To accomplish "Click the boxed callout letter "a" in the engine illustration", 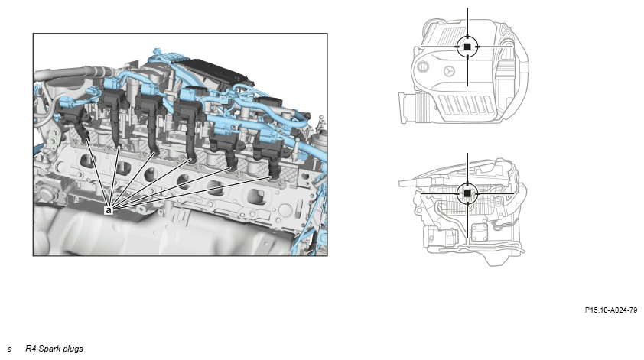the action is coord(109,210).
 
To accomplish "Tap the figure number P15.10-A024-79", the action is coord(611,310).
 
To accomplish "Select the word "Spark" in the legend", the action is coord(50,349).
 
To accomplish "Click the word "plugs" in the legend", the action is coord(73,349).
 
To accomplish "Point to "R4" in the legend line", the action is coord(31,349).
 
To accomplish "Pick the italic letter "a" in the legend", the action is coord(9,349).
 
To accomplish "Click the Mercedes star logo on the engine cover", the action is coord(450,71).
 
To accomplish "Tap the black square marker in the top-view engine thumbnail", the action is coord(467,47).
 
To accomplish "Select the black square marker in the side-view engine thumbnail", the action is coord(467,193).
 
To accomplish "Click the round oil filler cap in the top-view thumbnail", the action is coord(423,67).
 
